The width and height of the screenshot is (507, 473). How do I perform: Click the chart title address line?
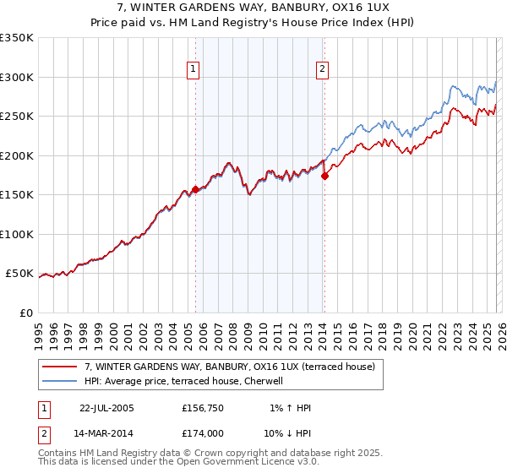coord(253,8)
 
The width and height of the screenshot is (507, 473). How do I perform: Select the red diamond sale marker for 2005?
coord(195,189)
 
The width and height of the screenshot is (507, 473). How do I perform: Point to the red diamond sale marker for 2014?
coord(324,176)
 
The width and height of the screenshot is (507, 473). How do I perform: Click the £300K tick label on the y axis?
coord(17,77)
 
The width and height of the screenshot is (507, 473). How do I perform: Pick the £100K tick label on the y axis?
coord(17,234)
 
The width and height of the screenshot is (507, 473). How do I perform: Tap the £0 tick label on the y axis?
coord(25,313)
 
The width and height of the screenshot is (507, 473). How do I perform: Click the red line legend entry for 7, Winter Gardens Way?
coord(234,367)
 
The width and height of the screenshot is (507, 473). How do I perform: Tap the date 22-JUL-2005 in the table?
coord(106,408)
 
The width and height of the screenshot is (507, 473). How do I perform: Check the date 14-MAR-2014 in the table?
coord(106,433)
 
